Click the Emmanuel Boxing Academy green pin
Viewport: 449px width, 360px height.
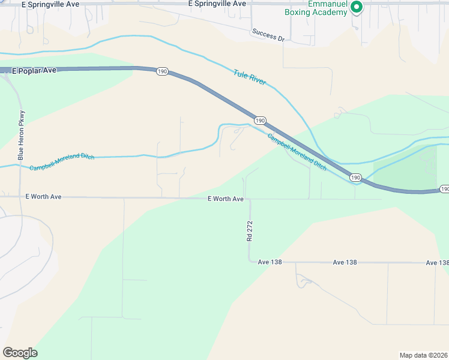[x=356, y=8]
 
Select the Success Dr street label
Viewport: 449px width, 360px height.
[x=268, y=35]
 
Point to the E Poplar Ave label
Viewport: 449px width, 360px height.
[x=34, y=70]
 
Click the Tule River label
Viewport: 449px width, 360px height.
[x=249, y=77]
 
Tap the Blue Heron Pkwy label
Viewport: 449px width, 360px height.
[x=22, y=135]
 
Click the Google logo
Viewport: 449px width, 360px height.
[x=20, y=353]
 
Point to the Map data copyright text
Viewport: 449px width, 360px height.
[x=423, y=355]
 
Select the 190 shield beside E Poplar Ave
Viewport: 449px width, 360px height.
[x=161, y=71]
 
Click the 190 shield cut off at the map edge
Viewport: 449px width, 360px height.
[x=444, y=189]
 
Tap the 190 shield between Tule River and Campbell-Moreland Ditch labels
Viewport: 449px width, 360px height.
[x=259, y=121]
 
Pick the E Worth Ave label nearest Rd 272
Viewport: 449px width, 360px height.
[x=226, y=199]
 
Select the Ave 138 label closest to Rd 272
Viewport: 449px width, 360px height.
[x=270, y=262]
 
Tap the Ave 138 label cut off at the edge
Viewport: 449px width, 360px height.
[x=437, y=263]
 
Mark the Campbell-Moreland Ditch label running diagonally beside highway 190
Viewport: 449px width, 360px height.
[x=297, y=152]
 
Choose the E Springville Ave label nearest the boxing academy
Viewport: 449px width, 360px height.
[x=217, y=4]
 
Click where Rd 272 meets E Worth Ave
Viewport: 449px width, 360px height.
[x=250, y=199]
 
